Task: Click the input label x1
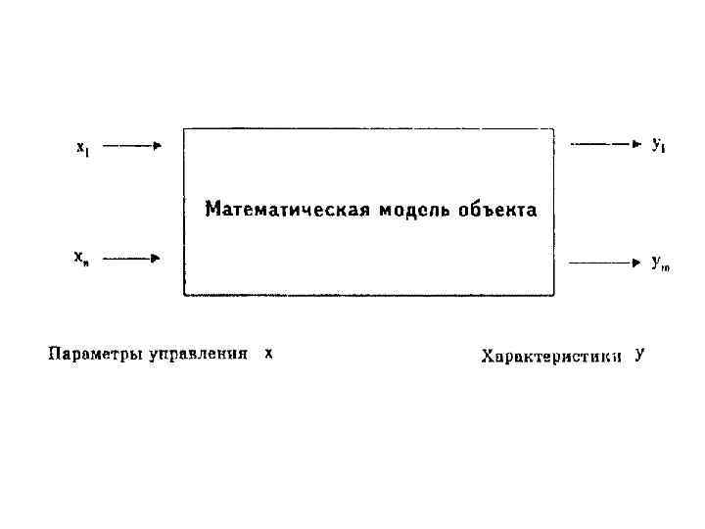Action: click(x=82, y=148)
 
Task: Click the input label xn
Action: click(x=81, y=259)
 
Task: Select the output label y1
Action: click(x=658, y=145)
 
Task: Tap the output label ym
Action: click(x=660, y=263)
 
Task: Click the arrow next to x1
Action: click(x=131, y=146)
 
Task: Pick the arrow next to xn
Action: click(x=131, y=259)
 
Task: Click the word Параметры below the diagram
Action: click(x=94, y=354)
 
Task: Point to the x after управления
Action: click(x=268, y=353)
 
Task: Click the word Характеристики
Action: click(x=551, y=356)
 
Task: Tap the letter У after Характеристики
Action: click(x=639, y=355)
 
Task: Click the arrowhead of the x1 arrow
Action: click(x=156, y=146)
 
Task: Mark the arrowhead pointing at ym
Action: click(x=635, y=263)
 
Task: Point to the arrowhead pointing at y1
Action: click(x=635, y=144)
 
